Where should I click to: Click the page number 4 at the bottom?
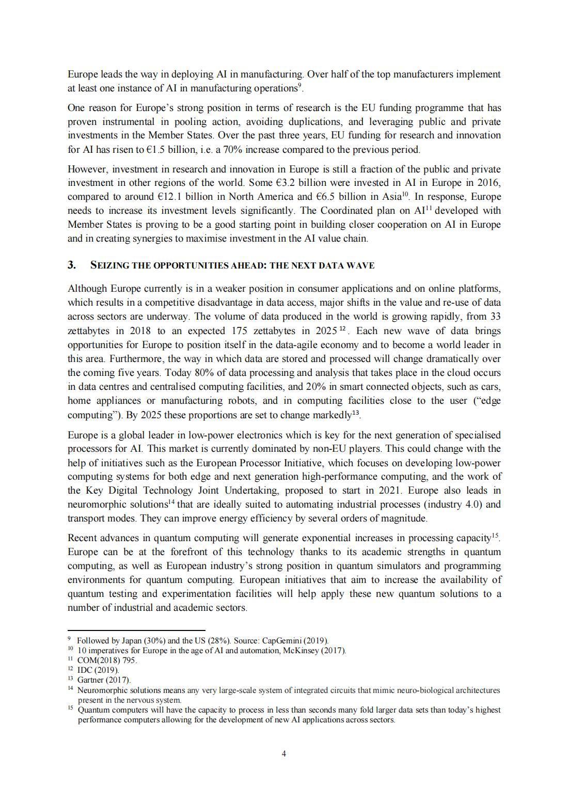(x=284, y=753)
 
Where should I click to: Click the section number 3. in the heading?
(x=72, y=265)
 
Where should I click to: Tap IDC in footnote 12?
(x=84, y=670)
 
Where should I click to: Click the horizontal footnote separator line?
(x=136, y=630)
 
